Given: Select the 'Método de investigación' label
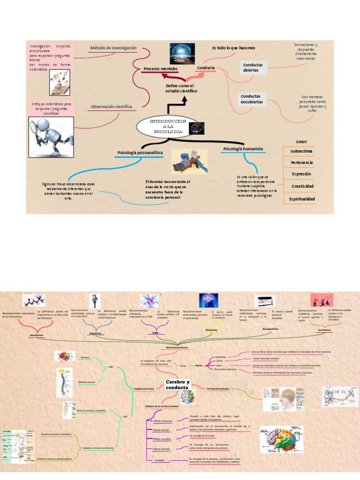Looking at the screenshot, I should (113, 48).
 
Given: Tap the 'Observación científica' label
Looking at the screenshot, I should (111, 106).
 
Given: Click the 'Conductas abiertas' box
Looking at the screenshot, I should (253, 67).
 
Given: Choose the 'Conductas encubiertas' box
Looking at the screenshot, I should (252, 99).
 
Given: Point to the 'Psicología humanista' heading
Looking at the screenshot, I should (242, 149).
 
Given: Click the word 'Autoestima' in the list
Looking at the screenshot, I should (302, 151).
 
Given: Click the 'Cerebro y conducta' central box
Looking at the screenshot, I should (178, 385).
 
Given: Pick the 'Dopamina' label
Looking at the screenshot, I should (96, 333).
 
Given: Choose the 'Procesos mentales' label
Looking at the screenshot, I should (160, 69).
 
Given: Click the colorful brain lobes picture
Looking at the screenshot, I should (281, 439).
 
